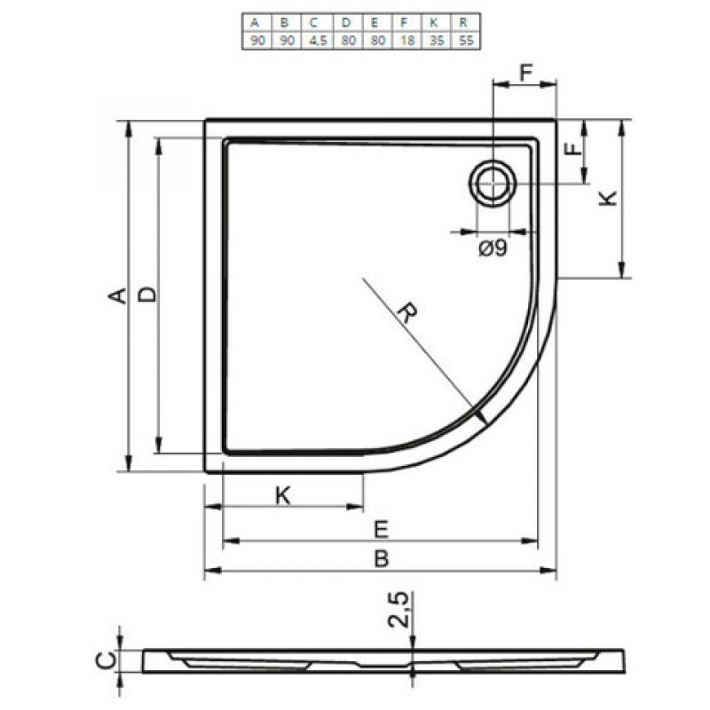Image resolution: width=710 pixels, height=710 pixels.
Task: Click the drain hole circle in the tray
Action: click(x=490, y=184)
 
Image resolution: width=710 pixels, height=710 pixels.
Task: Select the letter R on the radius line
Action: click(x=407, y=313)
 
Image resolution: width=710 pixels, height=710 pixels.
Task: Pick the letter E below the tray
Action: click(x=380, y=529)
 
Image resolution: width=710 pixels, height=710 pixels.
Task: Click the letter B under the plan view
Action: click(x=380, y=559)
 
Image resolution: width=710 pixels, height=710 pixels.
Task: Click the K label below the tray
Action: click(x=282, y=495)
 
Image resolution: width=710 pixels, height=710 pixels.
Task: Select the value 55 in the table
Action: click(x=465, y=41)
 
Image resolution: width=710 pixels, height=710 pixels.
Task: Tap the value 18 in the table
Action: click(x=406, y=41)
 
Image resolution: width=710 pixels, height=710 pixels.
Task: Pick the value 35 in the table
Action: click(x=435, y=41)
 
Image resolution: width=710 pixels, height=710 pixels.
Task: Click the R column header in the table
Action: click(x=465, y=23)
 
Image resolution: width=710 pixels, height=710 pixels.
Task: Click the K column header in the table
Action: click(x=435, y=23)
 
